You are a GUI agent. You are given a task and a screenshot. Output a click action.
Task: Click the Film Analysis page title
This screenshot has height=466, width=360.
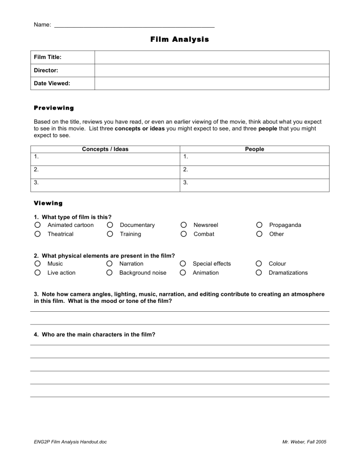pyautogui.click(x=180, y=39)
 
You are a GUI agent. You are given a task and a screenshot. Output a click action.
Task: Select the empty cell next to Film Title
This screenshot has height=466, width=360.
pyautogui.click(x=212, y=57)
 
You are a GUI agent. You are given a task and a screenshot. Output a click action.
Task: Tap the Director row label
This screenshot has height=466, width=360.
pyautogui.click(x=46, y=70)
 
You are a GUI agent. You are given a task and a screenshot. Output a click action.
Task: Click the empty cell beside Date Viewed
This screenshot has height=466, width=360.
pyautogui.click(x=212, y=83)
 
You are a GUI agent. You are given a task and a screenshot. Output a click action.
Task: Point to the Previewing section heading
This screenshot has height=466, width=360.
pyautogui.click(x=54, y=108)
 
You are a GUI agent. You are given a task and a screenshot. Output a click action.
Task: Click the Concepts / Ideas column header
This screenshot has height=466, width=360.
pyautogui.click(x=105, y=149)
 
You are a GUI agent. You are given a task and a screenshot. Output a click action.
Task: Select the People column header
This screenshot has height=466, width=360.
pyautogui.click(x=255, y=149)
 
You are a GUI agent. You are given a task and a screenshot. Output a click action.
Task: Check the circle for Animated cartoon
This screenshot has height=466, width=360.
pyautogui.click(x=37, y=225)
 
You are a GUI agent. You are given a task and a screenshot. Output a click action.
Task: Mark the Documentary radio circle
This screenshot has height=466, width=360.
pyautogui.click(x=110, y=225)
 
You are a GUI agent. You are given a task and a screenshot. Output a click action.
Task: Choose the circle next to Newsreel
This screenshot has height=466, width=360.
pyautogui.click(x=184, y=225)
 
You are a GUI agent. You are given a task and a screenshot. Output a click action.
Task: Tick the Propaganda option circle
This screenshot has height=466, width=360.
pyautogui.click(x=259, y=225)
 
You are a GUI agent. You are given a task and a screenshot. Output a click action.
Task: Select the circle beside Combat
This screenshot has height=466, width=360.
pyautogui.click(x=184, y=234)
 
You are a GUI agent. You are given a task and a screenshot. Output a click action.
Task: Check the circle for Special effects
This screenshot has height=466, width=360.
pyautogui.click(x=184, y=264)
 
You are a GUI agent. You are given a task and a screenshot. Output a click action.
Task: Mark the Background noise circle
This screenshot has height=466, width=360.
pyautogui.click(x=110, y=273)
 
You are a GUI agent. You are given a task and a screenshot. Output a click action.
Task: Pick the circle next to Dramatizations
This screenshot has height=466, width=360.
pyautogui.click(x=259, y=273)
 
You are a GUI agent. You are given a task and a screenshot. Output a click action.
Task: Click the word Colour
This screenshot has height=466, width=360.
pyautogui.click(x=277, y=264)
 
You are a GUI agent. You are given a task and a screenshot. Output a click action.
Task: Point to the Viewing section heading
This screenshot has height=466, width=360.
pyautogui.click(x=48, y=203)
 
